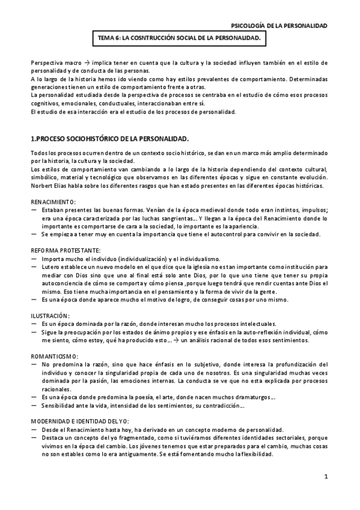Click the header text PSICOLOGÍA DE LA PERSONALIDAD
(x=279, y=26)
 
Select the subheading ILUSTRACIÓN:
(x=50, y=315)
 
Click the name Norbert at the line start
(x=41, y=185)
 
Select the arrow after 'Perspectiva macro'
(x=86, y=63)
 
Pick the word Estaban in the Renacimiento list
(x=55, y=209)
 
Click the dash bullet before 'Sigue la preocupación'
(x=34, y=332)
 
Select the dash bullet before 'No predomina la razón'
(x=34, y=364)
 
